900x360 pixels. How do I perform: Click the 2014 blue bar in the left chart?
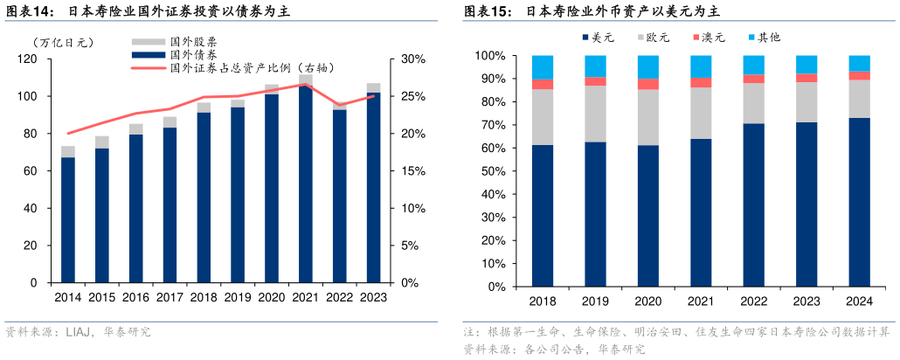[68, 218]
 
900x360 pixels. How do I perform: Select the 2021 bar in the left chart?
[305, 183]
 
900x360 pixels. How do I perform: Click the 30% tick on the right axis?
[412, 59]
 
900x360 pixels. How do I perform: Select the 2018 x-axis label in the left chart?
[204, 297]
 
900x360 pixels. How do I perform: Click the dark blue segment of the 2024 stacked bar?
[859, 201]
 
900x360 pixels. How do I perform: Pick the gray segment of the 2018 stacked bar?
[543, 117]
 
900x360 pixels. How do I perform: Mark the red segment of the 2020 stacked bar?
[648, 84]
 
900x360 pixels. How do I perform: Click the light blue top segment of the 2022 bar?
[753, 65]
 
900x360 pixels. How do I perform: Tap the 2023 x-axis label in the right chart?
[806, 301]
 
